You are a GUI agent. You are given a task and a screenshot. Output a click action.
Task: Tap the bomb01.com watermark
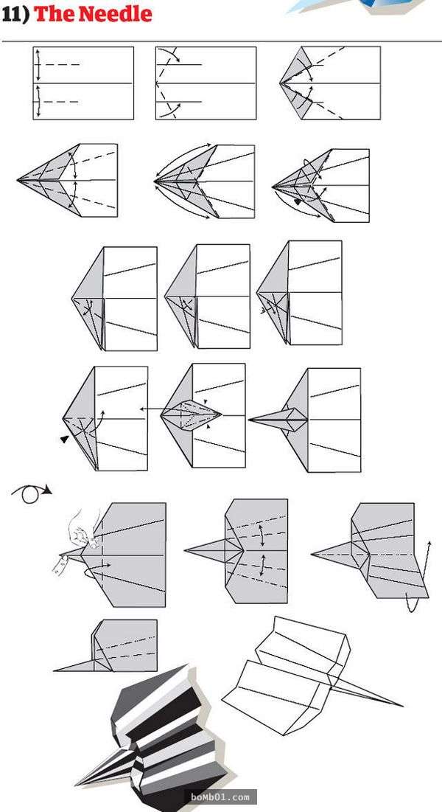[x=223, y=797]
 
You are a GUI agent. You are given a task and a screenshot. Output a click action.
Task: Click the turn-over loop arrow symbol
[x=32, y=492]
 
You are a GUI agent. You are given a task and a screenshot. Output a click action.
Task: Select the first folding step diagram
[x=83, y=83]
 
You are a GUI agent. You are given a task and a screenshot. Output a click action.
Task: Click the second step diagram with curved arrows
[x=206, y=83]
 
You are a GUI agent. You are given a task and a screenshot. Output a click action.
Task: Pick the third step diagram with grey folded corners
[x=330, y=83]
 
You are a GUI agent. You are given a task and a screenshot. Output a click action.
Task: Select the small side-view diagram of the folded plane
[x=105, y=646]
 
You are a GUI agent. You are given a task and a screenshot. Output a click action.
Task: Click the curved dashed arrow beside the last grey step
[x=420, y=575]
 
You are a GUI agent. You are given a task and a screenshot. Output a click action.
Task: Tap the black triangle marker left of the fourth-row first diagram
[x=64, y=439]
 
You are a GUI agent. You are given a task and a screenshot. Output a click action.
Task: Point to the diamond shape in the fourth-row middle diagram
[x=191, y=414]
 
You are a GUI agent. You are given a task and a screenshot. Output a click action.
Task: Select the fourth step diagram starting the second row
[x=67, y=180]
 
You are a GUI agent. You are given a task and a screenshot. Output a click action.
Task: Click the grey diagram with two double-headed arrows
[x=236, y=551]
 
